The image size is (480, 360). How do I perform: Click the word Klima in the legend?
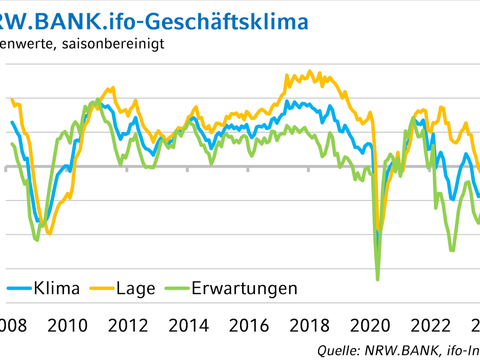pos(57,288)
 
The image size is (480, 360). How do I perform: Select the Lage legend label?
pos(135,288)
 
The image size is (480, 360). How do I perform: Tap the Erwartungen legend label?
pos(244,288)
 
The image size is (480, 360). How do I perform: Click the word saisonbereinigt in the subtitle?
pos(112,44)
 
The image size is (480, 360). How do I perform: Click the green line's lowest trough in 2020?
pos(377,279)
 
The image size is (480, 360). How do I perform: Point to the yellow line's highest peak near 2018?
pos(309,71)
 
